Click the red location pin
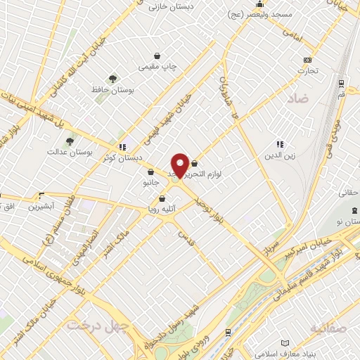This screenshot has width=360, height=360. point(180,165)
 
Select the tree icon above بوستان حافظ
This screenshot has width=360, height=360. point(112,79)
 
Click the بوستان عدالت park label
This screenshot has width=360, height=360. point(65,151)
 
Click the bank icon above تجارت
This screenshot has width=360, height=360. point(307,60)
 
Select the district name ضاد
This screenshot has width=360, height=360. point(297,100)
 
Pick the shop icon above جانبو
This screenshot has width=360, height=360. point(151,171)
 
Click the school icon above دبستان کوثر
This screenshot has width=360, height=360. point(123,147)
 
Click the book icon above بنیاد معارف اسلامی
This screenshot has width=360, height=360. point(285,344)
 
